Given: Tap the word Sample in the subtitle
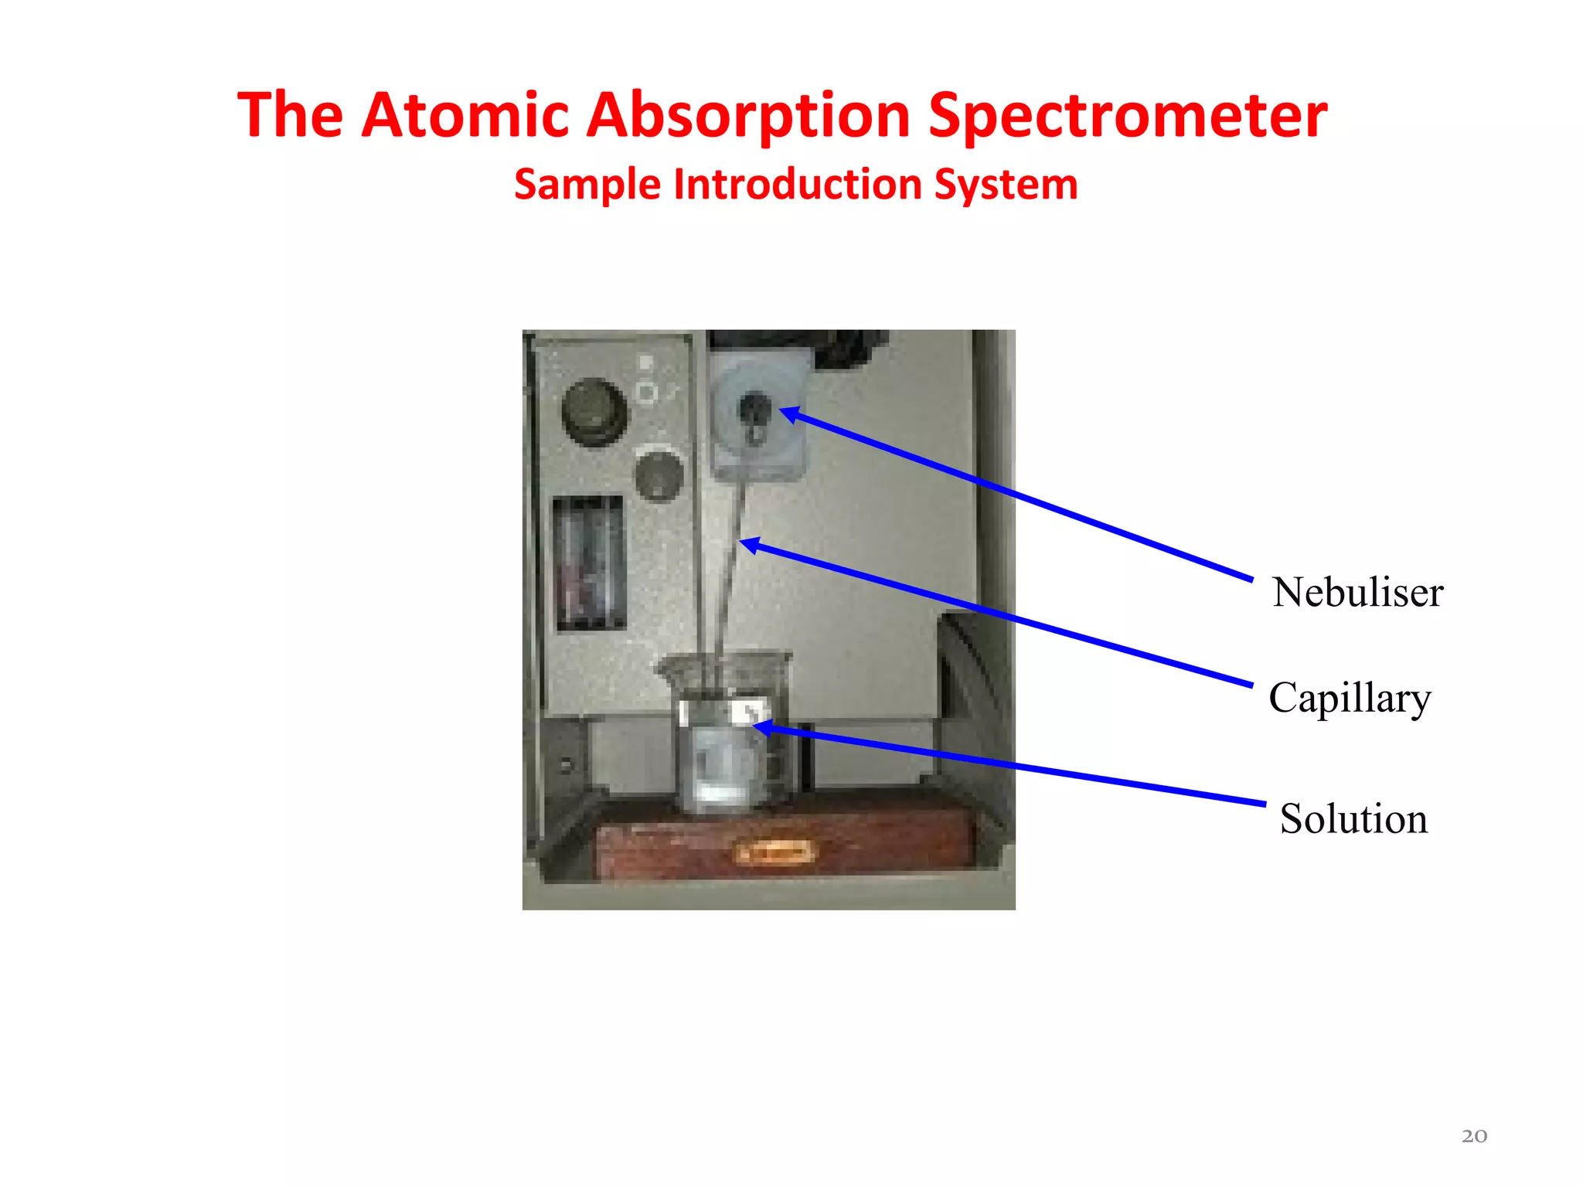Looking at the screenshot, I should pyautogui.click(x=587, y=185).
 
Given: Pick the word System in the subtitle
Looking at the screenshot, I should pyautogui.click(x=1006, y=185).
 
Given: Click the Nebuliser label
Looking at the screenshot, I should pyautogui.click(x=1357, y=593).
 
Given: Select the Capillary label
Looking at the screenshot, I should pyautogui.click(x=1350, y=698).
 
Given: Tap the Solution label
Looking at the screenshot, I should pyautogui.click(x=1353, y=818).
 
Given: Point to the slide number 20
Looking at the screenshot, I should pyautogui.click(x=1474, y=1136).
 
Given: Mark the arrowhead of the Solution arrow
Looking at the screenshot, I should pyautogui.click(x=762, y=727).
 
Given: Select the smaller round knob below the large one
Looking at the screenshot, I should pyautogui.click(x=659, y=475).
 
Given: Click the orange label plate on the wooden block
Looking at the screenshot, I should pyautogui.click(x=775, y=852).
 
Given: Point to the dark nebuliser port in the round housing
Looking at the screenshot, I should pyautogui.click(x=754, y=410).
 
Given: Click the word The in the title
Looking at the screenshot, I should pyautogui.click(x=290, y=116).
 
